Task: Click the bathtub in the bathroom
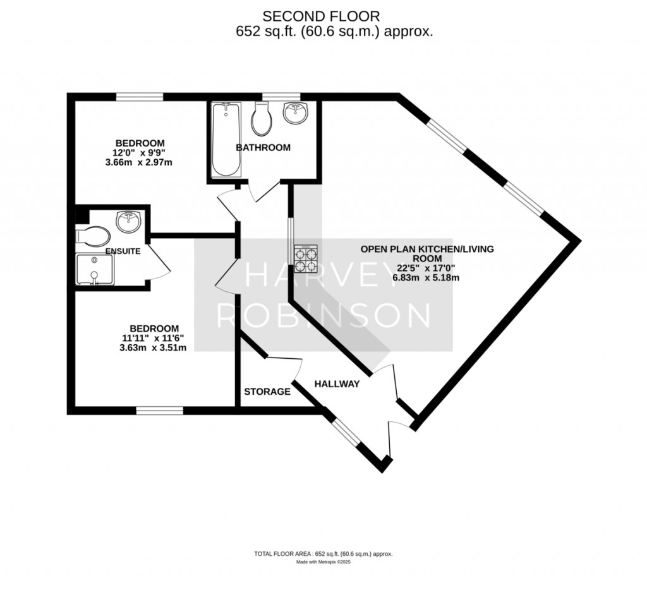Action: [226, 140]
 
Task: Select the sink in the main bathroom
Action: [296, 112]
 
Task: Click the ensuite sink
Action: [129, 222]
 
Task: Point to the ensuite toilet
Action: [93, 236]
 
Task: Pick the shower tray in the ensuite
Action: [95, 270]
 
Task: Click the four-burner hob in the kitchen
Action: [306, 258]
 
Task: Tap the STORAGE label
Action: [267, 392]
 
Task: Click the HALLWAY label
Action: [337, 384]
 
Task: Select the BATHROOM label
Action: [263, 148]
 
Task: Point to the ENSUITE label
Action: [123, 251]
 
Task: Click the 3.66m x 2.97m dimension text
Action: [138, 162]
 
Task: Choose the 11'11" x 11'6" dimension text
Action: [153, 338]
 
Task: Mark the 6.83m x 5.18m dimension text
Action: [426, 277]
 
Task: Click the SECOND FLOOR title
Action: [321, 16]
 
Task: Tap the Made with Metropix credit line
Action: [323, 562]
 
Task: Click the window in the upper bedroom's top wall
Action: [140, 97]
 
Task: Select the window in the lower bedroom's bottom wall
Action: [160, 411]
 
